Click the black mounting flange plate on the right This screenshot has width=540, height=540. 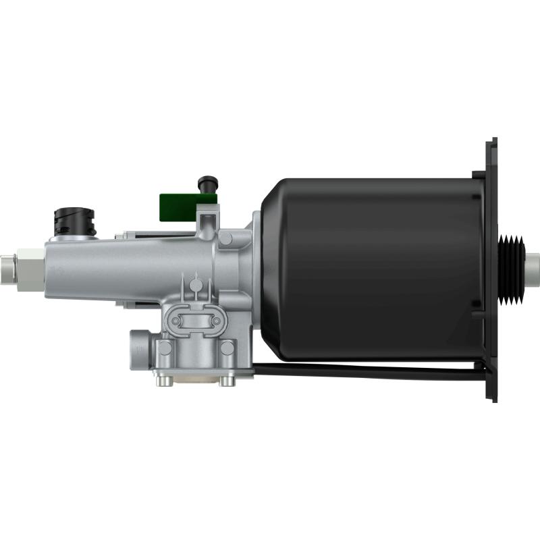point(492,270)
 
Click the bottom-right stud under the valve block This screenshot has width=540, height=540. point(227,381)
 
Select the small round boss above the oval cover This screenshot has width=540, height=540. point(195,285)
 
